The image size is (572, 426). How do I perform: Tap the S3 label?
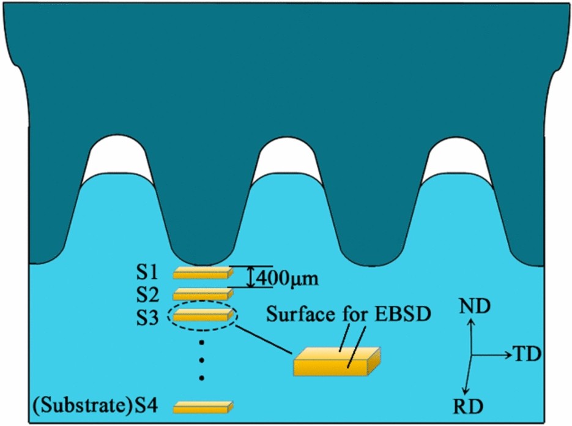(x=149, y=316)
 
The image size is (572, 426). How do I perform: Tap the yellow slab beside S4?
(x=204, y=406)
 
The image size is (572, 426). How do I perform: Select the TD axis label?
(x=527, y=354)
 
